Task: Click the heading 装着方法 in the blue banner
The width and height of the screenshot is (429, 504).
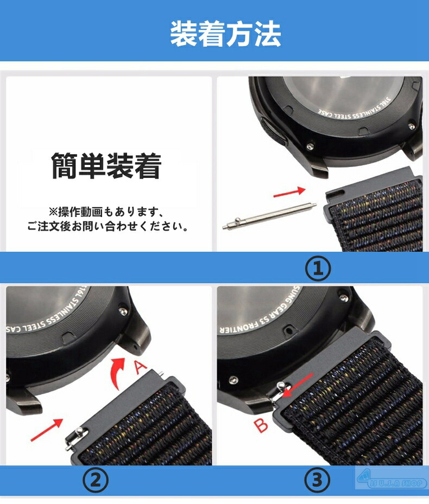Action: (x=225, y=34)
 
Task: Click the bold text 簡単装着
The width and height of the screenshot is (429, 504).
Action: (x=106, y=166)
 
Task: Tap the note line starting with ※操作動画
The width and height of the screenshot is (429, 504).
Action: (x=106, y=210)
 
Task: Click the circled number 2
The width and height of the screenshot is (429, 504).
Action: (x=96, y=480)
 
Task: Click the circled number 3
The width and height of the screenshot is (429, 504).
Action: (x=317, y=480)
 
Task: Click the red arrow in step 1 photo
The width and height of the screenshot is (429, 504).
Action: (x=289, y=192)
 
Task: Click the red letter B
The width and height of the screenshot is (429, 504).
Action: (x=262, y=425)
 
